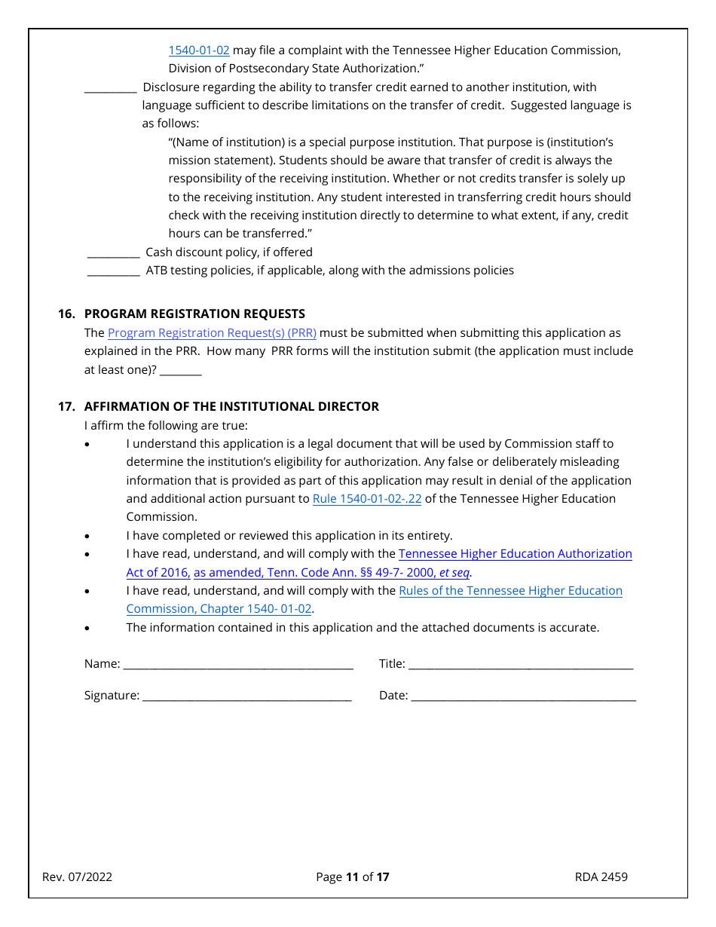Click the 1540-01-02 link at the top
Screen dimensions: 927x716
click(198, 50)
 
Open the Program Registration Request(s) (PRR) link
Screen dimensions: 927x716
click(212, 333)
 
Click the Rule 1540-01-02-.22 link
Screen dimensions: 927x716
click(366, 499)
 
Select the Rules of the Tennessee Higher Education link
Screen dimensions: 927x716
click(510, 591)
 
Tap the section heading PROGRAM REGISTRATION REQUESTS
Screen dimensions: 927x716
click(194, 314)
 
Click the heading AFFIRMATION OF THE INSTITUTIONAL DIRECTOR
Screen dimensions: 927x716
click(231, 407)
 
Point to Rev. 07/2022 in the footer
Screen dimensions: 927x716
click(77, 877)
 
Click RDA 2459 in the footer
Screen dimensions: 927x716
click(601, 877)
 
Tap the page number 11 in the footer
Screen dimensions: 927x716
click(352, 877)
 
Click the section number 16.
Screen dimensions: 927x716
click(66, 314)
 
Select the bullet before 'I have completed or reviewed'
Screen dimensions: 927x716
click(88, 537)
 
